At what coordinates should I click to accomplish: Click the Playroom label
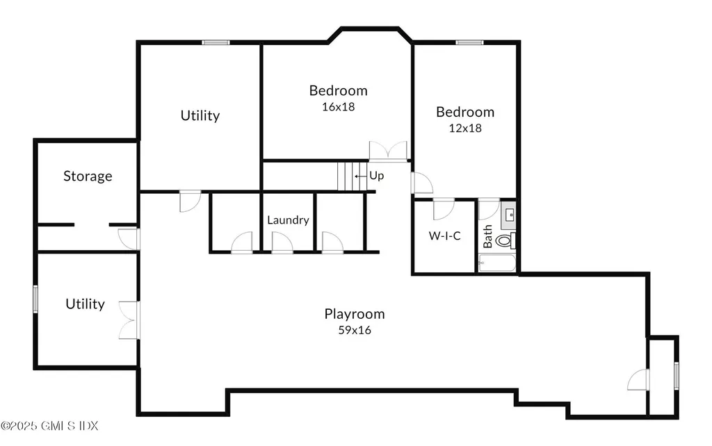point(354,314)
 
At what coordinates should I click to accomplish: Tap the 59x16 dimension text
point(355,330)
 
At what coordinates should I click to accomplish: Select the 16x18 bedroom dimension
point(339,107)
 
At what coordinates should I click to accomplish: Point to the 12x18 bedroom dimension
point(465,129)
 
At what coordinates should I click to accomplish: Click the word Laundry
point(288,220)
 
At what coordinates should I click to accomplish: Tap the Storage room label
point(88,176)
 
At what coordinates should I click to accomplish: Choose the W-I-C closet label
point(444,236)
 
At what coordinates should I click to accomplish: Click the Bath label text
point(487,236)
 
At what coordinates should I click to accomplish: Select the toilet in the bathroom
point(505,240)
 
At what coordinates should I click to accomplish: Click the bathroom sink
point(508,215)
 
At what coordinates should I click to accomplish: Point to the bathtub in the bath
point(497,263)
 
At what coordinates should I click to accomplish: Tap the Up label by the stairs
point(376,176)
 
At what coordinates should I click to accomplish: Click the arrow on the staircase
point(361,176)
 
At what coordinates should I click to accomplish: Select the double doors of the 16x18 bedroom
point(388,151)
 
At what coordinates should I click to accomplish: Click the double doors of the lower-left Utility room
point(129,320)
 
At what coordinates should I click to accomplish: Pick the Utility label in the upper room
point(200,116)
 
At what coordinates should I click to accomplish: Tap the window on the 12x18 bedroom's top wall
point(469,42)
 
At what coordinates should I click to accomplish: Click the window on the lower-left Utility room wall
point(35,299)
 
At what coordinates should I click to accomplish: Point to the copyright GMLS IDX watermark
point(49,426)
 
